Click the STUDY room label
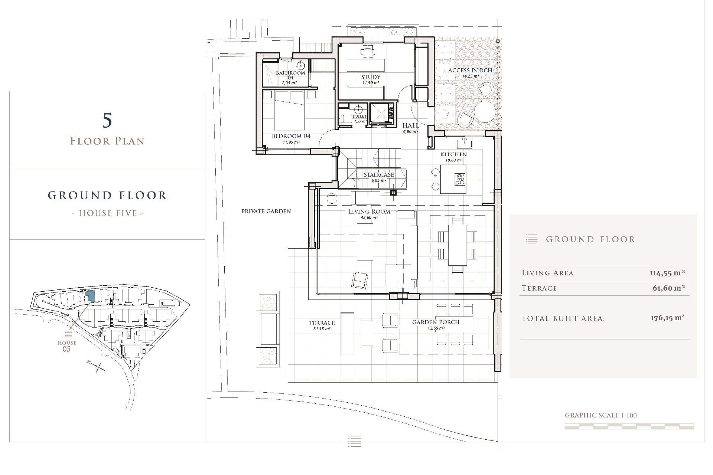(371, 77)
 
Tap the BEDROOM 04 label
(291, 136)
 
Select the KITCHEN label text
(453, 154)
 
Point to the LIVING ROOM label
(369, 212)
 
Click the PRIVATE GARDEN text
(266, 211)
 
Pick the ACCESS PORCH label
(470, 70)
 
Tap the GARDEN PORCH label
(436, 322)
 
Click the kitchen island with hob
(453, 180)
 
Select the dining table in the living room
(458, 245)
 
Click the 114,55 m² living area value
(667, 273)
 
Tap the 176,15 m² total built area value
(667, 318)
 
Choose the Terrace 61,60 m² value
(668, 288)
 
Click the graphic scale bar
(629, 427)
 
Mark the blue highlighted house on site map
(90, 296)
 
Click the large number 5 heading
(107, 121)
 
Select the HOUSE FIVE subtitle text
(107, 213)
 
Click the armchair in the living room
(359, 280)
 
